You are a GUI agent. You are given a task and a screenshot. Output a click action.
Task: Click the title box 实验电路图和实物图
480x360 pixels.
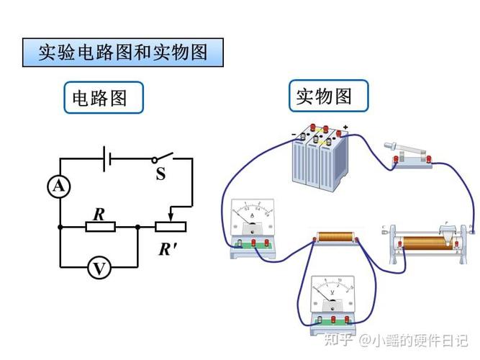pyautogui.click(x=122, y=53)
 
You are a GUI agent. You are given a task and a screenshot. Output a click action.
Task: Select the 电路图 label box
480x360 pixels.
pyautogui.click(x=103, y=98)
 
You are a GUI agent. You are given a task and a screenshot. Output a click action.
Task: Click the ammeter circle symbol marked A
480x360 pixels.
pyautogui.click(x=59, y=187)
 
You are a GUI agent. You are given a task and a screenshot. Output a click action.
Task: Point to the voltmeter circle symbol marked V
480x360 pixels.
pyautogui.click(x=99, y=268)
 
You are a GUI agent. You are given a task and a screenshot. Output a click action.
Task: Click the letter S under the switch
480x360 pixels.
pyautogui.click(x=160, y=174)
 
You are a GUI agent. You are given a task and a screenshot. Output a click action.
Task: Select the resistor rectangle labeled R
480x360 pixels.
pyautogui.click(x=100, y=227)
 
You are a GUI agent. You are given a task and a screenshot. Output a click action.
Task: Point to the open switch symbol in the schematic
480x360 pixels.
pyautogui.click(x=163, y=157)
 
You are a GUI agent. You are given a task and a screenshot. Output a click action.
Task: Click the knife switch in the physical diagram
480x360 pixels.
pyautogui.click(x=408, y=155)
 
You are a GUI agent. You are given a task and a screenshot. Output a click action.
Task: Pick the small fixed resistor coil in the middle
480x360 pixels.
pyautogui.click(x=335, y=238)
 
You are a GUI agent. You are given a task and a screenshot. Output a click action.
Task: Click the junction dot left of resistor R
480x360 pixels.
pyautogui.click(x=60, y=227)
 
